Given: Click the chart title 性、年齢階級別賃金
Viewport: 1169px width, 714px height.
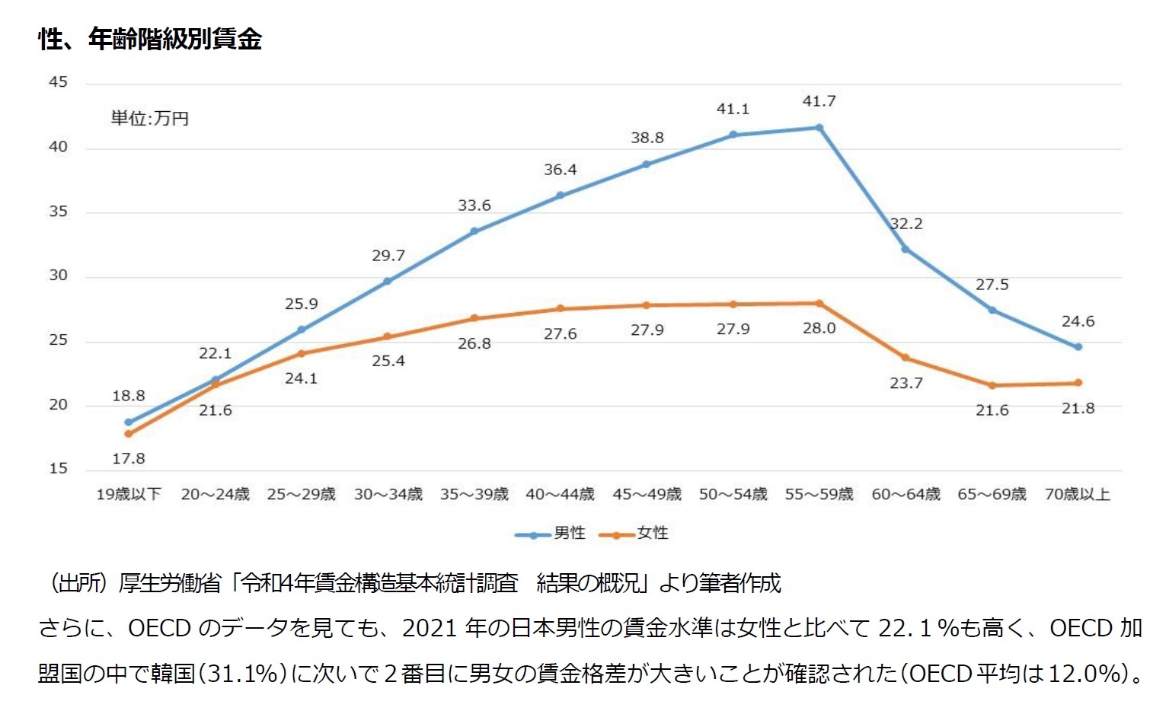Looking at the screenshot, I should coord(150,38).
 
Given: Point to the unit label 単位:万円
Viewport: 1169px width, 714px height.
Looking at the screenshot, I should coord(149,119).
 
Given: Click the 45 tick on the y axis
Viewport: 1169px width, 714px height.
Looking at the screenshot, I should coord(58,82).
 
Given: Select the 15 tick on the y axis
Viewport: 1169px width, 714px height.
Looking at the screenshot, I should coord(58,469).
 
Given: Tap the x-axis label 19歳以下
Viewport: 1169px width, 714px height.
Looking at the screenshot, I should coord(128,495).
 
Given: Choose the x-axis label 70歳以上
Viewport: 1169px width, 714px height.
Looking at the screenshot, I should coord(1077,495).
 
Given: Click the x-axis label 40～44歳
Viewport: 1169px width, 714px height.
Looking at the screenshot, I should coord(560,495).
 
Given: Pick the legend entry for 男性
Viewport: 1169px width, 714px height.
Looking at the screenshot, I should coord(550,534).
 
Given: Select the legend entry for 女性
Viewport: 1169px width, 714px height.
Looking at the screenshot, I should coord(634,534).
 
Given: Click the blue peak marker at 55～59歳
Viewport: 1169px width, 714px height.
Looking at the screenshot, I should coord(819,128).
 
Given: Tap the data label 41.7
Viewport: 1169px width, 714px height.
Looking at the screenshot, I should coord(819,101).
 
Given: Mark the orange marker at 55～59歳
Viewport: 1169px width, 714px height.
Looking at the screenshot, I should coord(819,304).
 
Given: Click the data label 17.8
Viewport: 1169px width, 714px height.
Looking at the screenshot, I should coord(128,459).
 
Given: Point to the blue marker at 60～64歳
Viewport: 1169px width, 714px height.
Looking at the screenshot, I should coord(905,249).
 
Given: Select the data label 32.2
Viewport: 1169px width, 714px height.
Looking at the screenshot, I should coord(906,224).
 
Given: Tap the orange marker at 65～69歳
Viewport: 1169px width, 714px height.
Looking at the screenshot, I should coord(992,385).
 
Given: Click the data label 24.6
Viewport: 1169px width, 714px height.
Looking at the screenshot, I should coord(1078,322).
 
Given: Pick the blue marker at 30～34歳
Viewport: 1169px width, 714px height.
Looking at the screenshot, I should coord(388,281).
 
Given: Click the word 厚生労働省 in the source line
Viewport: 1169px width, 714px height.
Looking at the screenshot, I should coord(169,584).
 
